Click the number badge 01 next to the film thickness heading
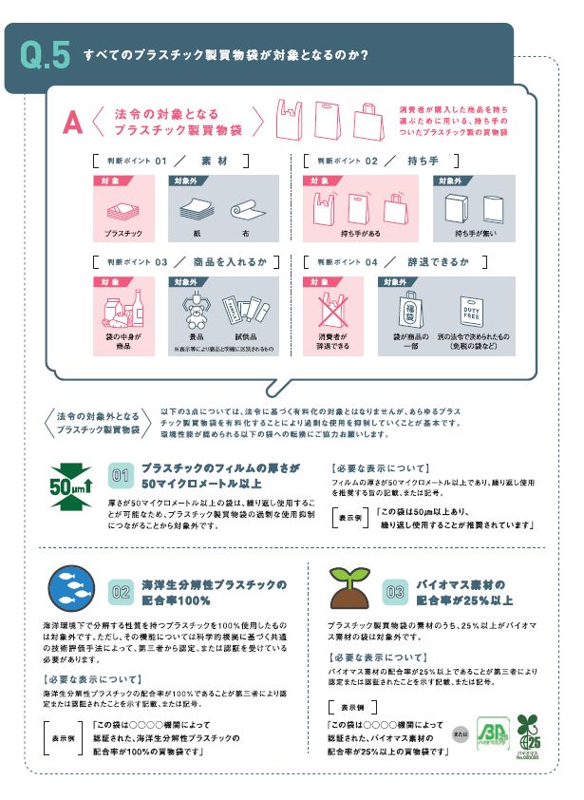(121, 475)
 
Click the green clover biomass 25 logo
(527, 733)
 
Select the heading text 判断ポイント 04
(347, 260)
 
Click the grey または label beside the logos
(460, 734)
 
